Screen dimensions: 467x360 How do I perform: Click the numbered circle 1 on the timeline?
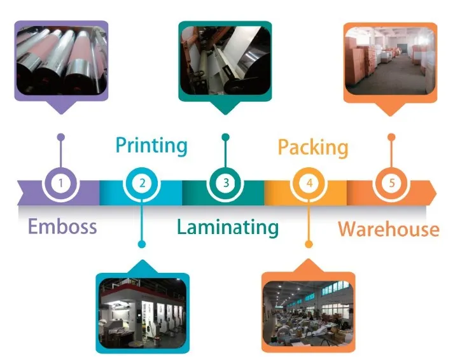click(60, 183)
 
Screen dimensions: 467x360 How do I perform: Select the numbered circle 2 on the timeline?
click(142, 183)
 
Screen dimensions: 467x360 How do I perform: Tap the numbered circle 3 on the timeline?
click(225, 183)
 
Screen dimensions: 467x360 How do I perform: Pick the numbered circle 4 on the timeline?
click(309, 183)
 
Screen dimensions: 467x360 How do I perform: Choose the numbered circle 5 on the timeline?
click(392, 183)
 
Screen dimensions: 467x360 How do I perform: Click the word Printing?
click(151, 146)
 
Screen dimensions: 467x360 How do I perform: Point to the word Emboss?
click(62, 226)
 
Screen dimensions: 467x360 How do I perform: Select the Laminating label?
click(228, 228)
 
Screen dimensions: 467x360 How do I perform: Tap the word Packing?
click(313, 148)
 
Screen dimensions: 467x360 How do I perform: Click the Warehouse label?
click(389, 229)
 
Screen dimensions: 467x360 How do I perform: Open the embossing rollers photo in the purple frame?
click(61, 60)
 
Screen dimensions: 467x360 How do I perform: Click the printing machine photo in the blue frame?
click(143, 313)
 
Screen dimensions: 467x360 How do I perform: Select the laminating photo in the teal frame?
click(225, 60)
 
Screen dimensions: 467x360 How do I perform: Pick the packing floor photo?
click(308, 313)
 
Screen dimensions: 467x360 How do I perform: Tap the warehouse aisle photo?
click(390, 61)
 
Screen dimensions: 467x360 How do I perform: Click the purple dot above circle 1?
click(60, 137)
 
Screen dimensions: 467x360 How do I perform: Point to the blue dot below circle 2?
click(142, 244)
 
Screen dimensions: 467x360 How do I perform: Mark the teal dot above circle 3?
click(225, 137)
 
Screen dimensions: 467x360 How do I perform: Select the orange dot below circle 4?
click(309, 244)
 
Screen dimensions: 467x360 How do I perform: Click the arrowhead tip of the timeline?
click(436, 193)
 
